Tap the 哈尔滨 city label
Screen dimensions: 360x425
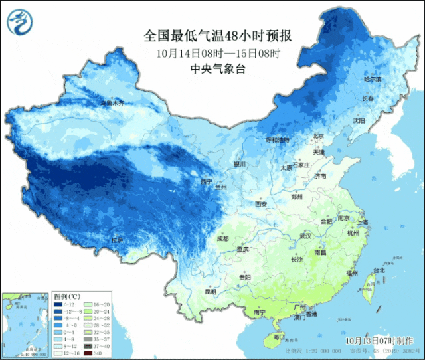click(374, 79)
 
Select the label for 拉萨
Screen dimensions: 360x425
click(117, 240)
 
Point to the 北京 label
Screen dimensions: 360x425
click(319, 136)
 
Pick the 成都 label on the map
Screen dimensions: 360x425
click(222, 238)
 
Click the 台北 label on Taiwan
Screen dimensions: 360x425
click(379, 271)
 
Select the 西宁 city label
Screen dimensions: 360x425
click(206, 181)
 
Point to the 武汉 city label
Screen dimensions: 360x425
click(305, 236)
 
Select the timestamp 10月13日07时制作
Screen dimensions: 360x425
click(381, 339)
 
